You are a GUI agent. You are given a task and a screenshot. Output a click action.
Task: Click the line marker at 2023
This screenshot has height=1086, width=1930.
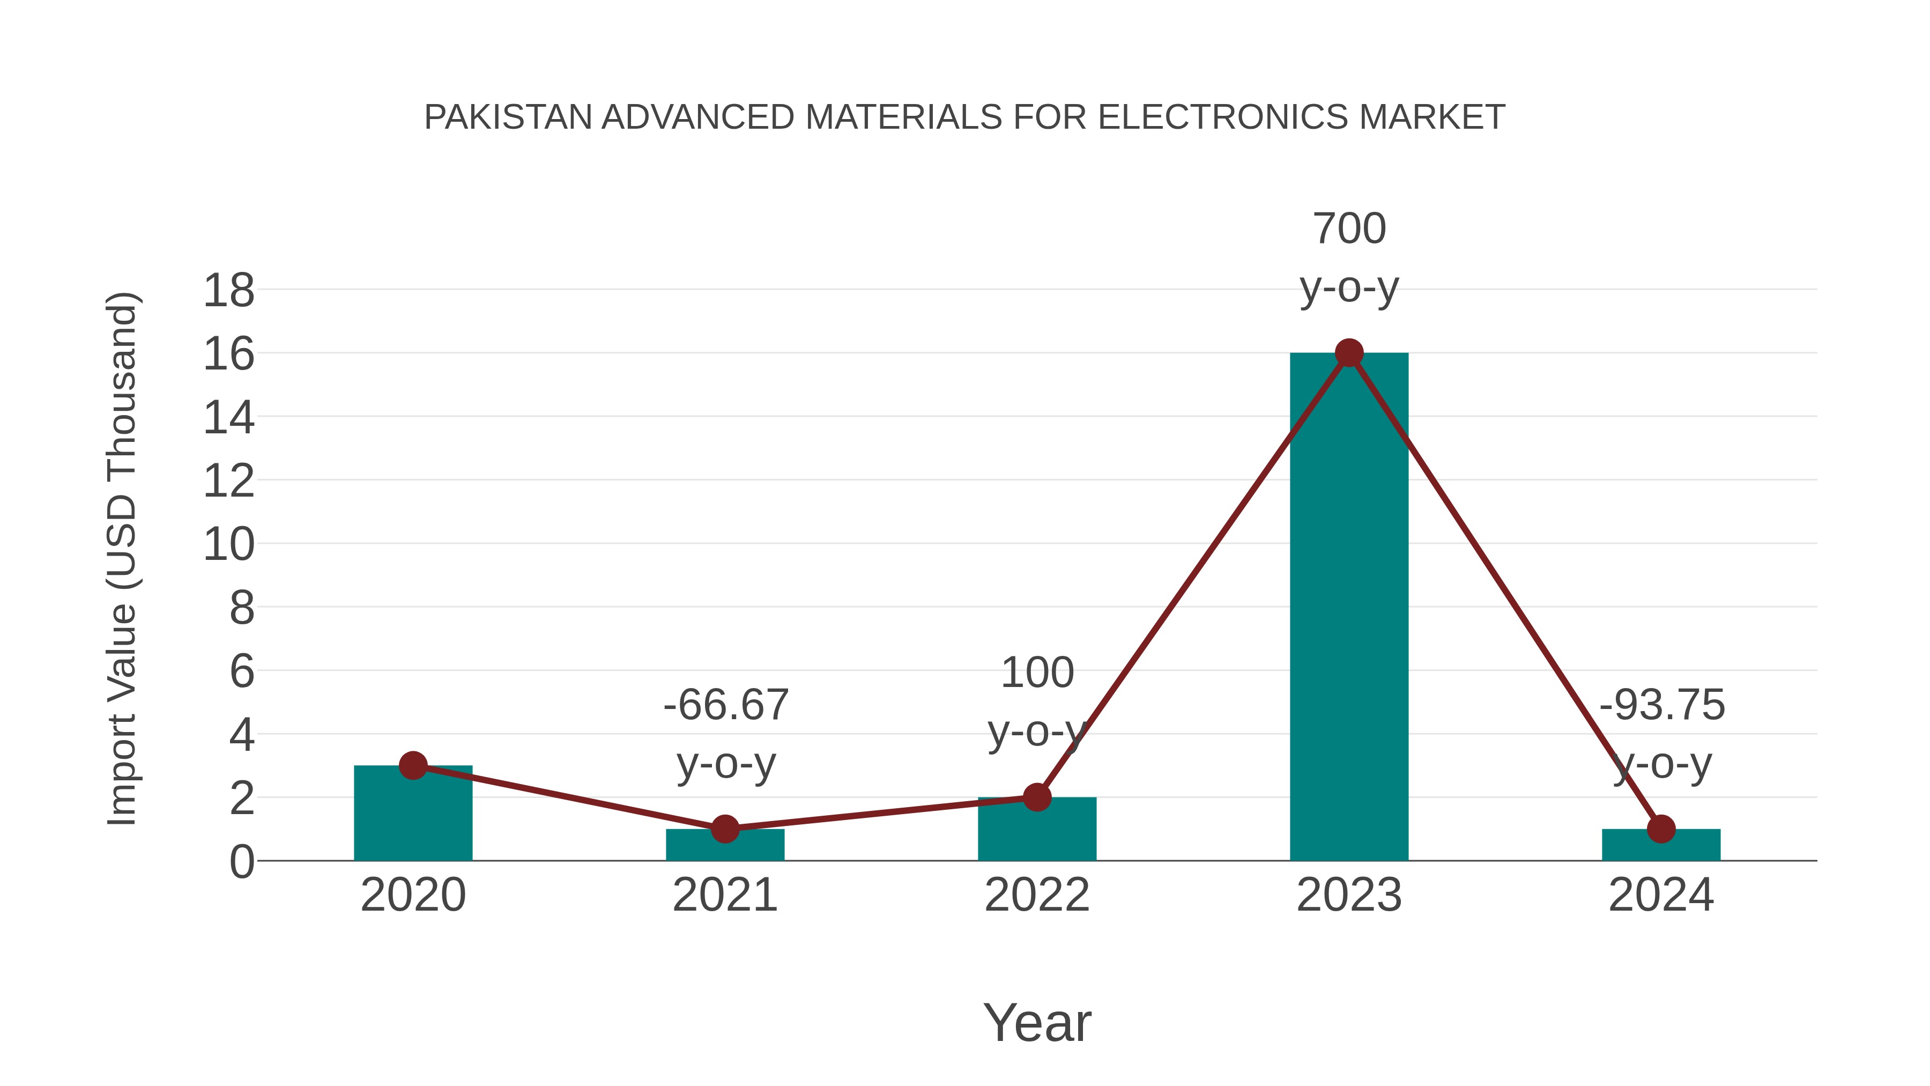[1349, 352]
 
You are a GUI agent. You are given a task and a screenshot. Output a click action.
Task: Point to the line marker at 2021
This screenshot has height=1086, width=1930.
[724, 829]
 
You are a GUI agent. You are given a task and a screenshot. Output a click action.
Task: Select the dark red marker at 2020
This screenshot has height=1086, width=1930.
[413, 765]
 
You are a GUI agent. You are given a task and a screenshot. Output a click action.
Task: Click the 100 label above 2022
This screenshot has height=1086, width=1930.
[1037, 673]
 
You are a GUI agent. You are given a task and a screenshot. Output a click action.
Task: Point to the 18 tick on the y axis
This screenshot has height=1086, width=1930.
[228, 291]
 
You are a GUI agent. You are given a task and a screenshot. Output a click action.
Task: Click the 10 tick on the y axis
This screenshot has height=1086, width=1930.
[228, 545]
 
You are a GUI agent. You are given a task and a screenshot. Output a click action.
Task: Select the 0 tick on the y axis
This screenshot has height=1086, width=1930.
[241, 862]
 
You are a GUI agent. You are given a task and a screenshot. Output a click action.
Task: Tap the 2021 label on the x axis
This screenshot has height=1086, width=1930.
[724, 895]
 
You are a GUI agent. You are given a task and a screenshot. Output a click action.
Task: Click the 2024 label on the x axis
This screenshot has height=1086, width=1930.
[1661, 895]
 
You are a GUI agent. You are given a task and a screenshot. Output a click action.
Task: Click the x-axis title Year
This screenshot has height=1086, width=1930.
[1037, 1022]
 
